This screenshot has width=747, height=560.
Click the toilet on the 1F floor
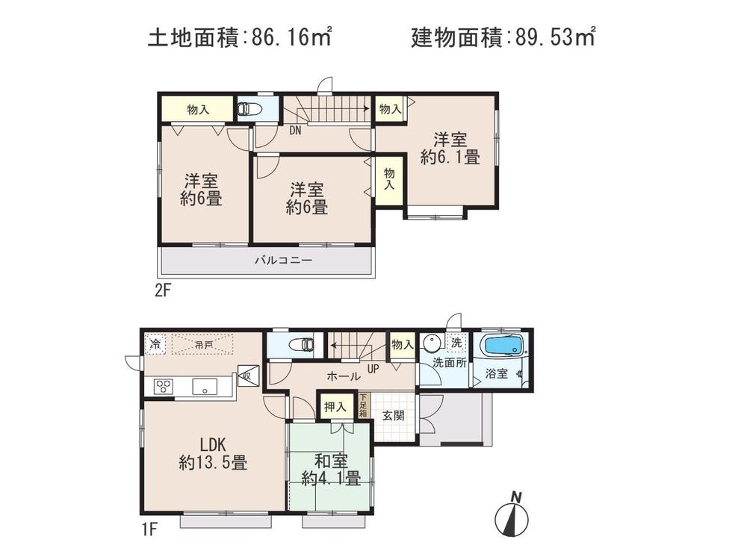303,345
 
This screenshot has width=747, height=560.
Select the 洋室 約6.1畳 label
449,148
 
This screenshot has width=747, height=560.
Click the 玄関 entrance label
393,415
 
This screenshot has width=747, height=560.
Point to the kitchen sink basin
203,386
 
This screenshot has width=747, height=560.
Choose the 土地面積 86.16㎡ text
239,37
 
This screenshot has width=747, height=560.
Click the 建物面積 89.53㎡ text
502,37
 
